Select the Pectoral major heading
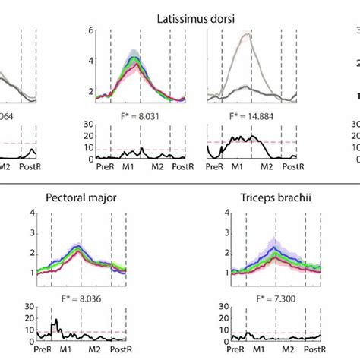click(x=80, y=199)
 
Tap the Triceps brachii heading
click(x=262, y=199)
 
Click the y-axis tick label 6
click(x=90, y=31)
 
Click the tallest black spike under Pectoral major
click(x=54, y=321)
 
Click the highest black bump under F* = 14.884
click(x=240, y=137)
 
